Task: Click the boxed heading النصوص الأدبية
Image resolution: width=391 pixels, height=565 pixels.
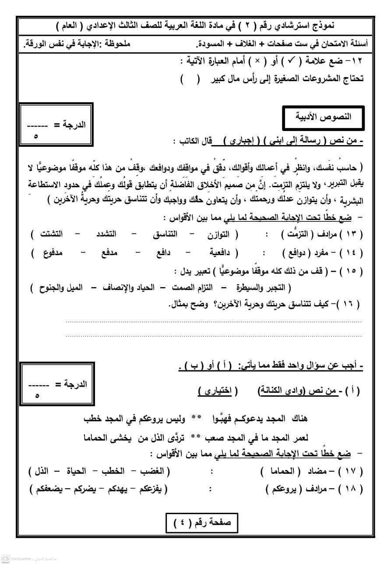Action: [x=323, y=117]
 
